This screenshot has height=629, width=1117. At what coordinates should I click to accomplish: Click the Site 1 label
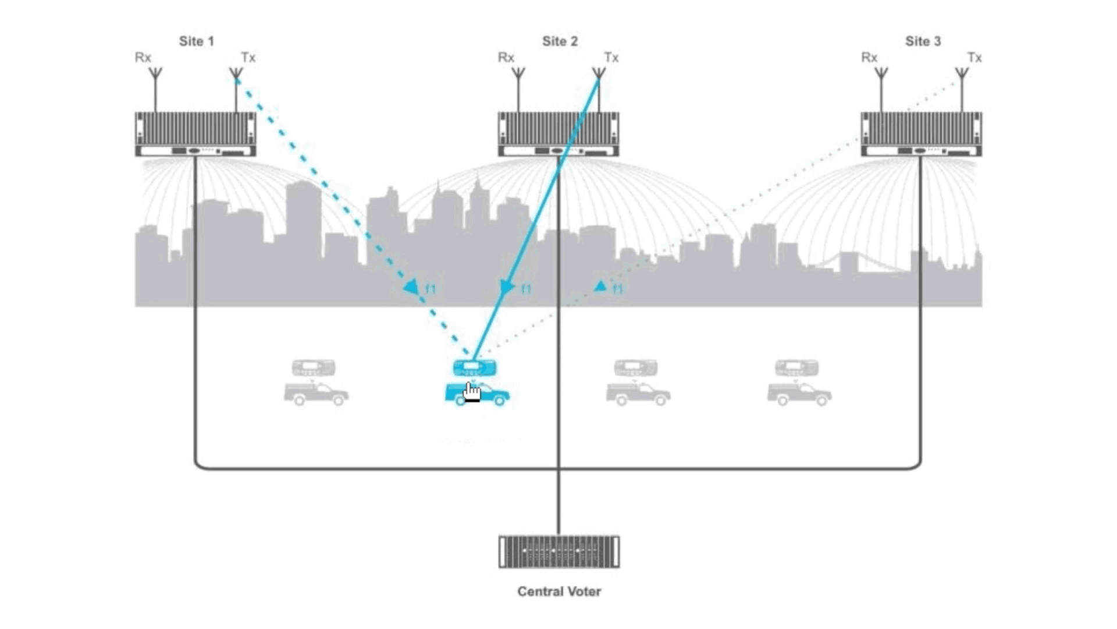click(197, 41)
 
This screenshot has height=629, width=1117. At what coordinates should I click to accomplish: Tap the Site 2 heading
click(560, 41)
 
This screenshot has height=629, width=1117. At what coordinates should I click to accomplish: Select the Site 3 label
click(923, 41)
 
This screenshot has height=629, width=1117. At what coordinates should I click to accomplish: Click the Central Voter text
click(559, 591)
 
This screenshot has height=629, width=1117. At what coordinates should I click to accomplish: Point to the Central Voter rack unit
click(559, 552)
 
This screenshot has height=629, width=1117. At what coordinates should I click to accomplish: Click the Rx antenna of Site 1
click(155, 90)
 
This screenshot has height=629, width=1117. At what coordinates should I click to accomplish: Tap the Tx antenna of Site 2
click(599, 90)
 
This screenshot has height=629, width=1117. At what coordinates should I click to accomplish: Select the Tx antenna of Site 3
click(962, 90)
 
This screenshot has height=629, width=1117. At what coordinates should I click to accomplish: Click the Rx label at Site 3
click(869, 58)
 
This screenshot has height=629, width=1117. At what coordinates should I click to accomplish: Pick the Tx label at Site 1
click(248, 58)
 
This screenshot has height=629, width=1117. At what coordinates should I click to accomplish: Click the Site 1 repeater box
click(195, 134)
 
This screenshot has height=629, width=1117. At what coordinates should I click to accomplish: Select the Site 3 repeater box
click(922, 134)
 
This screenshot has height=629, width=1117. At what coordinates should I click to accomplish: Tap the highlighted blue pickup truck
click(478, 394)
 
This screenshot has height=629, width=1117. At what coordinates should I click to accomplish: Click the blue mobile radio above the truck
click(475, 367)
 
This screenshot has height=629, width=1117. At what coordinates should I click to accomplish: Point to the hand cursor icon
click(472, 392)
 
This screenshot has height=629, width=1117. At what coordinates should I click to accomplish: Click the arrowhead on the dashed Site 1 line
click(412, 287)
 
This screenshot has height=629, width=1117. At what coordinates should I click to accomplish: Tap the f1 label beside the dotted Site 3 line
click(617, 289)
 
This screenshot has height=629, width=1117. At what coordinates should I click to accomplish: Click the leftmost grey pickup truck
click(316, 394)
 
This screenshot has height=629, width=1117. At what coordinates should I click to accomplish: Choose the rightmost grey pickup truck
click(799, 394)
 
